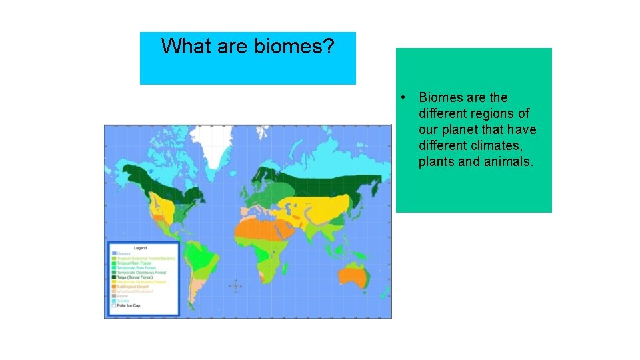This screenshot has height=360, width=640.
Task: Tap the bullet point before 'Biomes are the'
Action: (x=403, y=97)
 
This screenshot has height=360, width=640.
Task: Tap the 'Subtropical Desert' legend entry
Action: (x=135, y=286)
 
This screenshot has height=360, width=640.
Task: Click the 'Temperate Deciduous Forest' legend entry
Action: (x=141, y=272)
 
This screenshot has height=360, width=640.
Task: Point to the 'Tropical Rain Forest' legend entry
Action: (x=135, y=263)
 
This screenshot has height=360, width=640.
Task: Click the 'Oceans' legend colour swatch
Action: (x=114, y=253)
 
